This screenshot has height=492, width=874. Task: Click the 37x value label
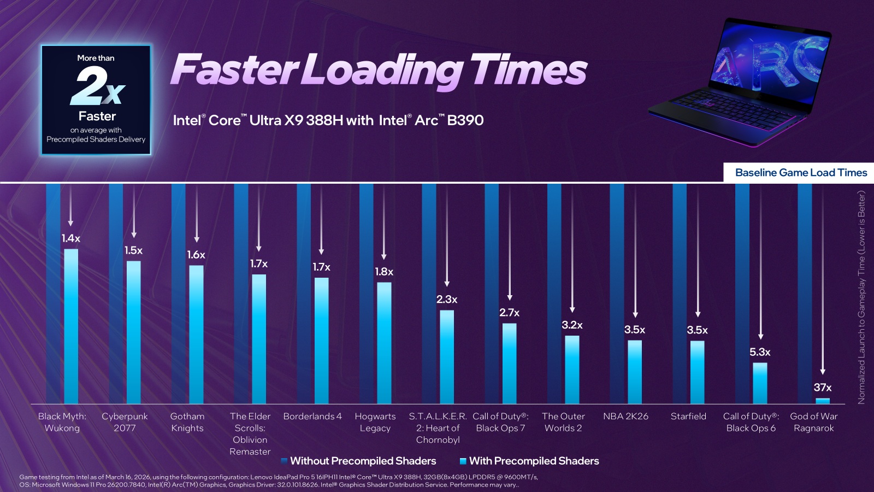[822, 388]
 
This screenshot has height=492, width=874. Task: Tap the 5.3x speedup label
[760, 352]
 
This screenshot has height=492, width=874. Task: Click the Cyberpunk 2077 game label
[125, 422]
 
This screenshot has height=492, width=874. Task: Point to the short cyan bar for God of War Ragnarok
[823, 401]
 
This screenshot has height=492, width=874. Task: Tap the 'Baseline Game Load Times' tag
[800, 173]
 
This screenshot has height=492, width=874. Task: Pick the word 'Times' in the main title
[528, 70]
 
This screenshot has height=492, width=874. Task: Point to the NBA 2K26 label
[625, 416]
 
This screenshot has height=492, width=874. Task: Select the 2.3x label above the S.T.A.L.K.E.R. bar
[446, 300]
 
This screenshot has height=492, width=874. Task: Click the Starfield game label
[688, 416]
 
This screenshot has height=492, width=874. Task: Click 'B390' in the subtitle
[465, 120]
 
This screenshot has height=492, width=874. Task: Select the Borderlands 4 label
[312, 416]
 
